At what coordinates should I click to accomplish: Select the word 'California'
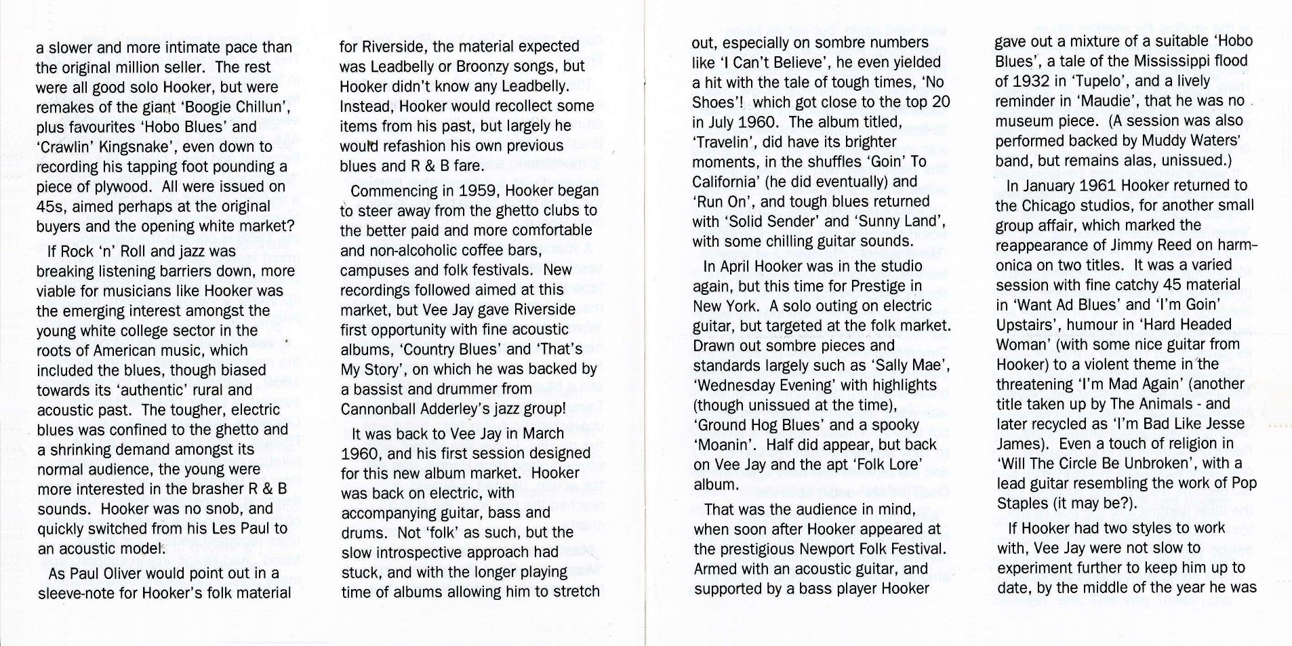(723, 182)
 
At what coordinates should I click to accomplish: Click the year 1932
(1028, 81)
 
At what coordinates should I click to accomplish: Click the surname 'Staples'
(1024, 504)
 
